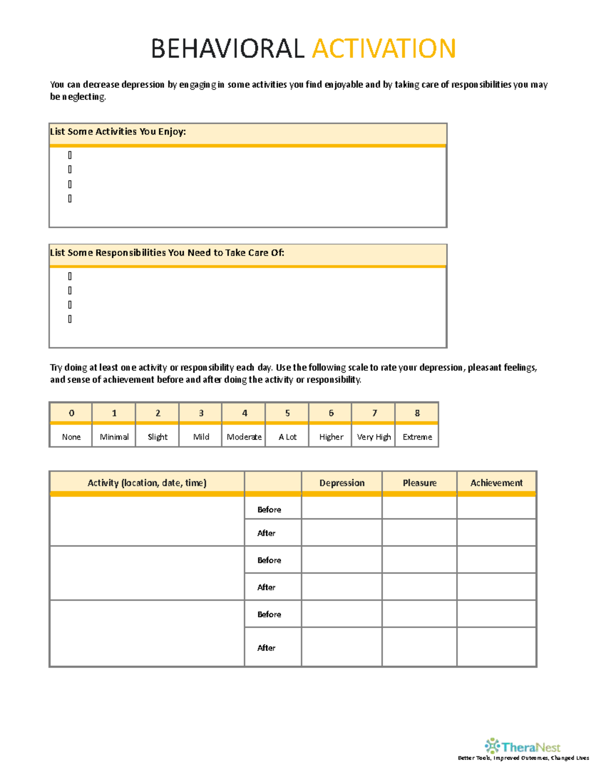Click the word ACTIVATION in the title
click(x=384, y=49)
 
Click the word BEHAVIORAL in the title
click(x=228, y=49)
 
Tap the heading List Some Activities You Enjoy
click(x=118, y=132)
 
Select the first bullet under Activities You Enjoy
click(x=70, y=155)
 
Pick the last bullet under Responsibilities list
click(x=70, y=319)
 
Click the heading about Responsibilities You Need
click(x=167, y=253)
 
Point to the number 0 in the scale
click(x=71, y=413)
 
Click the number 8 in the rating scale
click(x=417, y=413)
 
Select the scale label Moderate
click(x=244, y=437)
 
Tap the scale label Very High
click(x=374, y=437)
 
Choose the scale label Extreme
click(x=417, y=437)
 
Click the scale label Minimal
click(x=114, y=437)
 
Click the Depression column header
click(x=342, y=483)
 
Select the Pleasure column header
click(x=420, y=483)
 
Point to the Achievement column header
click(x=496, y=483)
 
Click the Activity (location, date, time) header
click(x=147, y=483)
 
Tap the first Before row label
click(x=269, y=510)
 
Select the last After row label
click(x=266, y=648)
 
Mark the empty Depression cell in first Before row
click(x=342, y=508)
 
